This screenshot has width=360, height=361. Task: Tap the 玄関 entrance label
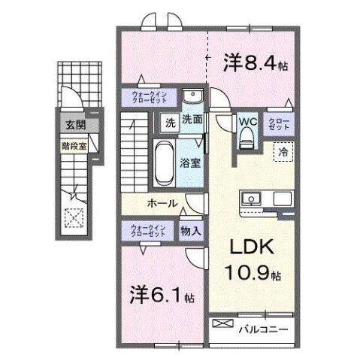pyautogui.click(x=74, y=126)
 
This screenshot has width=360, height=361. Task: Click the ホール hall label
pyautogui.click(x=162, y=203)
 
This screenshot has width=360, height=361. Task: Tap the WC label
pyautogui.click(x=247, y=121)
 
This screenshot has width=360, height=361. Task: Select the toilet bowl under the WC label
pyautogui.click(x=246, y=140)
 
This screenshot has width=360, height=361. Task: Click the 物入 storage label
pyautogui.click(x=191, y=232)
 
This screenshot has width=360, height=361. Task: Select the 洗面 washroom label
pyautogui.click(x=192, y=120)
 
